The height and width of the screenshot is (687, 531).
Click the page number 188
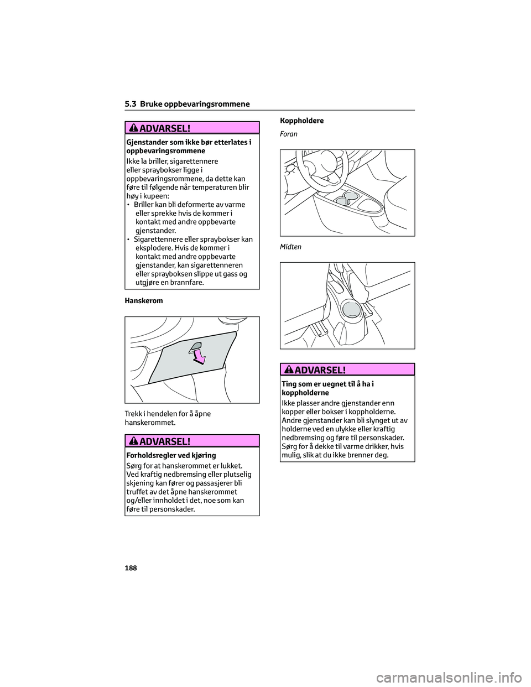click(x=131, y=568)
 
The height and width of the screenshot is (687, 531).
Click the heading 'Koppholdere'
click(x=302, y=121)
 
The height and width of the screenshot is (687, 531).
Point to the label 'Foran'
click(x=289, y=134)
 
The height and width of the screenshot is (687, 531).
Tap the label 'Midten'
click(x=291, y=247)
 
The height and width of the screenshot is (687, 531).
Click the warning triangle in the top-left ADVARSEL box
click(x=134, y=128)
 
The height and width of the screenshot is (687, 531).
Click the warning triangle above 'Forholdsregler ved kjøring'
click(x=134, y=441)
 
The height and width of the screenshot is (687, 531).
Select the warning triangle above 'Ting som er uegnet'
click(x=290, y=369)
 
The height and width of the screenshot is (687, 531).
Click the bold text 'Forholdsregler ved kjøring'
click(x=171, y=456)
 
